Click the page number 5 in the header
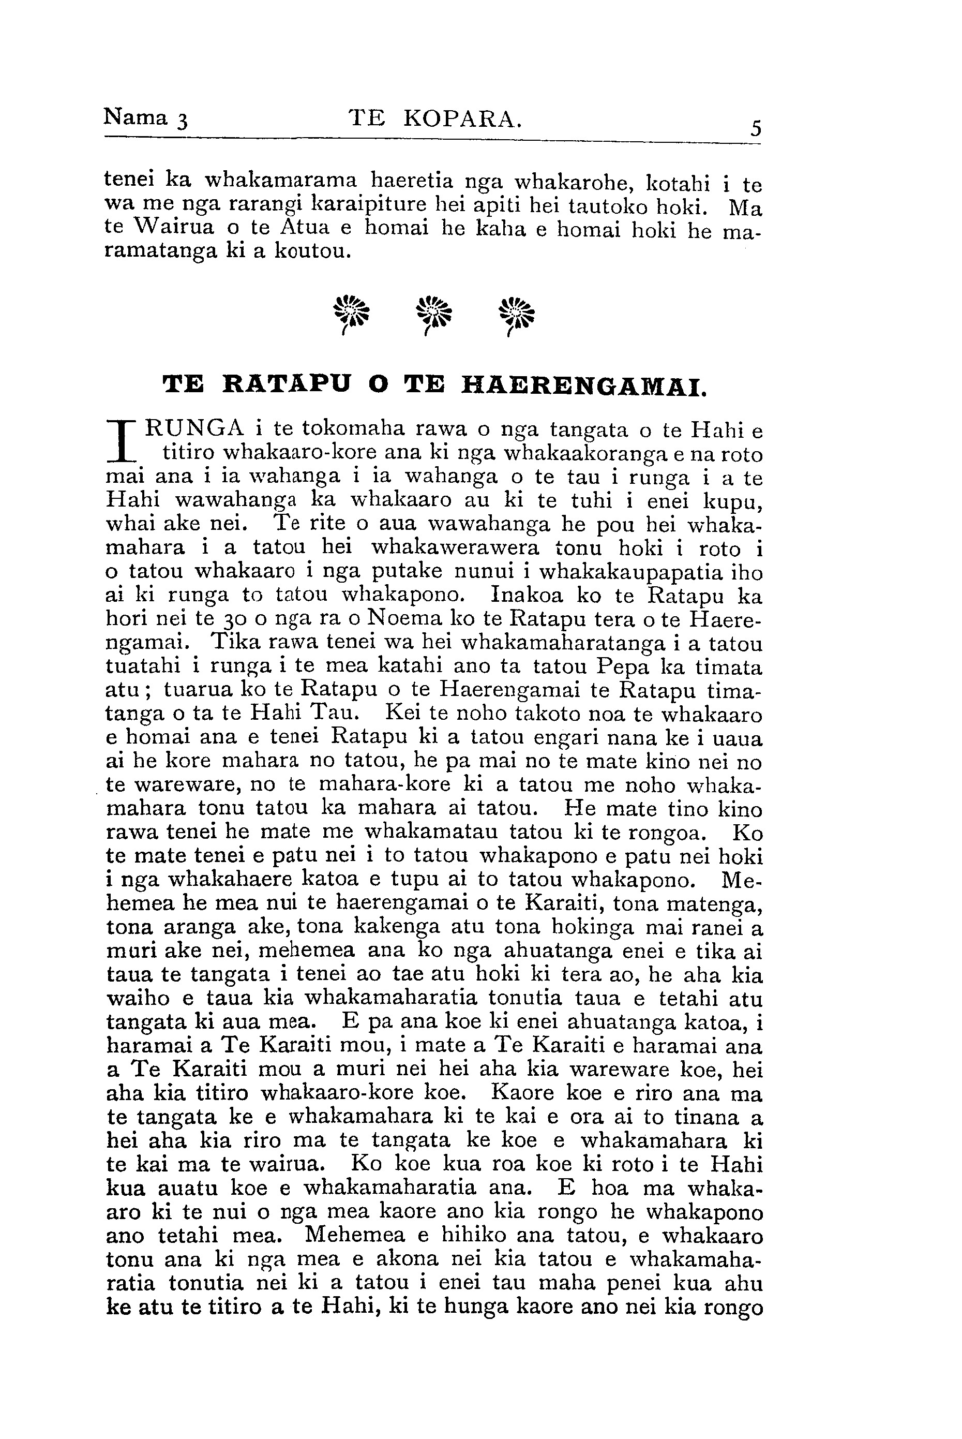pyautogui.click(x=755, y=128)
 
